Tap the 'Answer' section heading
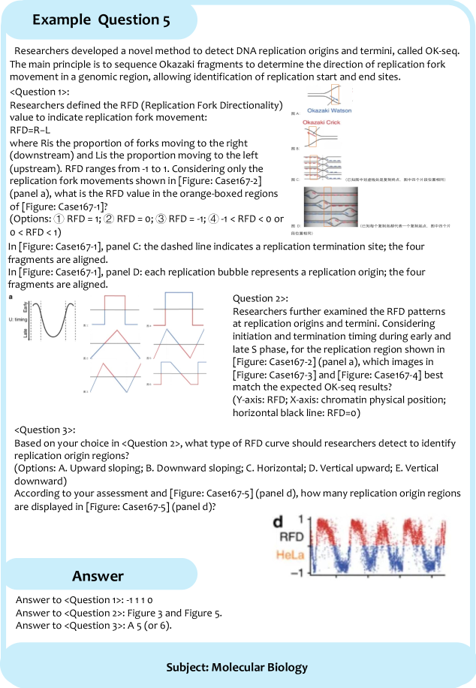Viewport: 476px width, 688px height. (x=98, y=575)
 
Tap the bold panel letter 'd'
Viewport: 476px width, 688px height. (x=277, y=522)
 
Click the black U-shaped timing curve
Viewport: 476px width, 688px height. (x=51, y=330)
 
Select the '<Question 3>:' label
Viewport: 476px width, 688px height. (x=45, y=430)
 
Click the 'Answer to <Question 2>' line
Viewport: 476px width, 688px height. (x=119, y=613)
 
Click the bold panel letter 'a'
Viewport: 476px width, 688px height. (x=10, y=297)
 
